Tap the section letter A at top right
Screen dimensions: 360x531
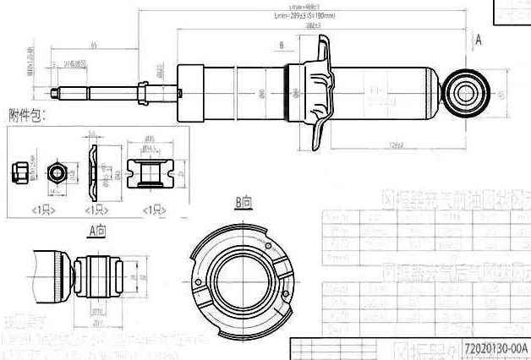click(479, 39)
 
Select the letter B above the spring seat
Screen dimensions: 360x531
click(280, 44)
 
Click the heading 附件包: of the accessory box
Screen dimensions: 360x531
click(27, 114)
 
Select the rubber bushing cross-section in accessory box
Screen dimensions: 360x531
click(149, 174)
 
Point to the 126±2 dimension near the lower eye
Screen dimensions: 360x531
click(397, 145)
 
